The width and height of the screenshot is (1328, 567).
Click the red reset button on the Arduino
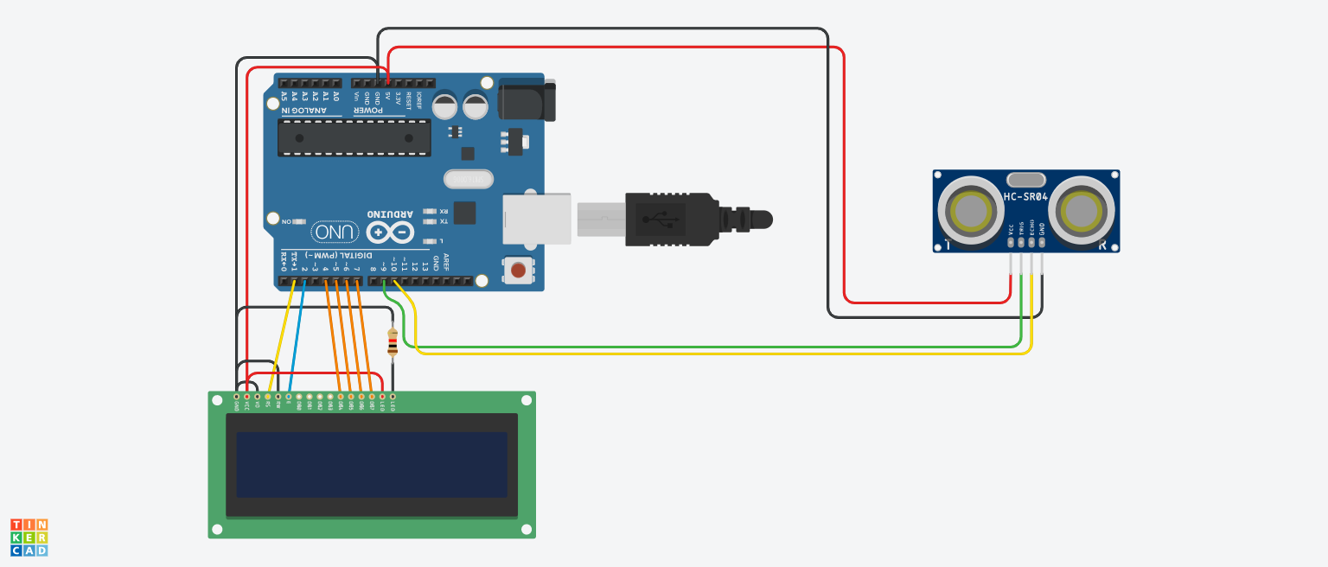click(518, 271)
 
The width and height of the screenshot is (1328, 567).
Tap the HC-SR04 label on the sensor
click(1025, 197)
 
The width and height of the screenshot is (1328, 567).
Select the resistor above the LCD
click(393, 342)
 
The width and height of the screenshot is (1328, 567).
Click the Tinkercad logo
click(29, 538)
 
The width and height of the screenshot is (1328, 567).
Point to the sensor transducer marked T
click(970, 210)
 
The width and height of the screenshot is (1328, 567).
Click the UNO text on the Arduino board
click(335, 232)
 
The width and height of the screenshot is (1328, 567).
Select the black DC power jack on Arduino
click(526, 99)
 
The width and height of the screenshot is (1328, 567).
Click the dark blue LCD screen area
click(372, 464)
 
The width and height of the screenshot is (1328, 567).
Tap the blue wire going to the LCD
click(295, 337)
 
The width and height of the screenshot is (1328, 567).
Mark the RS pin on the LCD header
click(268, 397)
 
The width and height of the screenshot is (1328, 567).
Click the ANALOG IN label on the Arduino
click(304, 110)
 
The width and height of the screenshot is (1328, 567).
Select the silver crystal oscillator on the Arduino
click(468, 179)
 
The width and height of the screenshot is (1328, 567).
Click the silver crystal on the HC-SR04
click(1025, 180)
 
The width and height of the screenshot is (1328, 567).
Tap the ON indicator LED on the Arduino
click(299, 222)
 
